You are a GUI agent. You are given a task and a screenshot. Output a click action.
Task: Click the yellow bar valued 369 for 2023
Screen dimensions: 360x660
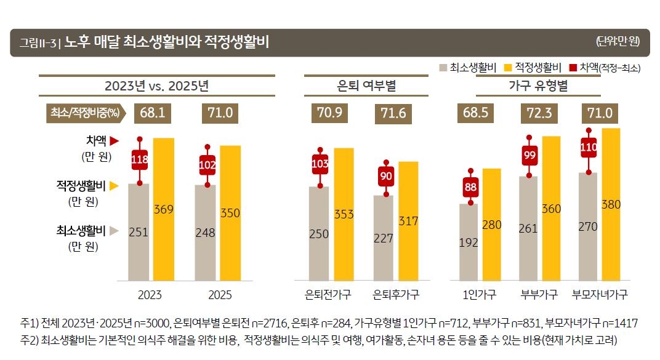click(x=164, y=209)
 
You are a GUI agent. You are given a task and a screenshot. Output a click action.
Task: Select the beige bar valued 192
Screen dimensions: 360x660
click(x=469, y=242)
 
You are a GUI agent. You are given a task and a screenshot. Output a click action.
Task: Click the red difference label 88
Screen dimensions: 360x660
click(x=470, y=186)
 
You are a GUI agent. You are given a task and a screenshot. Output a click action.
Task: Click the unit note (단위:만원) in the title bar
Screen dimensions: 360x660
click(x=618, y=42)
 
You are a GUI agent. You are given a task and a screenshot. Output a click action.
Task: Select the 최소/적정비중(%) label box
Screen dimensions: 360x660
click(x=84, y=113)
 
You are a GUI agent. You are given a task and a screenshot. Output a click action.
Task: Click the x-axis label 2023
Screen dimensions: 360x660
click(x=150, y=295)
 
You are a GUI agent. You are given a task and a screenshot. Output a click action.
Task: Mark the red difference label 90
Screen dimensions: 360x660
click(x=386, y=177)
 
